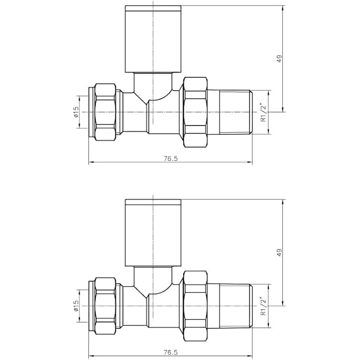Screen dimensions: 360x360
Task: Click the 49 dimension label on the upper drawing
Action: pyautogui.click(x=280, y=59)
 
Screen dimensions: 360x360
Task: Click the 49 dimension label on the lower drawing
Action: pyautogui.click(x=280, y=252)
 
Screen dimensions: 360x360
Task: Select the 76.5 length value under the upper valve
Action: pyautogui.click(x=170, y=158)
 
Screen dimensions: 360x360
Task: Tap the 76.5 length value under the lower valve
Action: pyautogui.click(x=170, y=352)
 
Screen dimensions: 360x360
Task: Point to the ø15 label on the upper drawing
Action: pyautogui.click(x=76, y=112)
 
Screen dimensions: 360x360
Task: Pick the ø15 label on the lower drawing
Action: pyautogui.click(x=76, y=305)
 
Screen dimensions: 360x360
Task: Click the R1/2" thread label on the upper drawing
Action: pyautogui.click(x=263, y=112)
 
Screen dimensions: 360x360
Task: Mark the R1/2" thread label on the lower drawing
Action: pyautogui.click(x=263, y=305)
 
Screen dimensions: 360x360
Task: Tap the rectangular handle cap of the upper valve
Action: pyautogui.click(x=153, y=39)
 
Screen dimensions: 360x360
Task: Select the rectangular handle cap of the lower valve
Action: pyautogui.click(x=153, y=233)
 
